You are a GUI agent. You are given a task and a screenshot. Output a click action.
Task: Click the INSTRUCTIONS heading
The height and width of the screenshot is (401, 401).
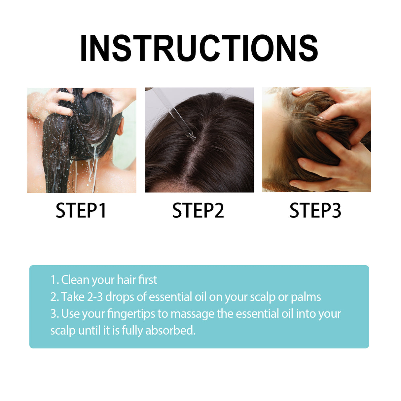(x=199, y=49)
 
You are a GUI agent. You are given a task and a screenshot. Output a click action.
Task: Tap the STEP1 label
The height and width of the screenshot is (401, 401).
(x=81, y=211)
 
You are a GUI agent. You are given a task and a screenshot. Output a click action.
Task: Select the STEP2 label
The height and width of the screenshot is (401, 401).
(x=198, y=211)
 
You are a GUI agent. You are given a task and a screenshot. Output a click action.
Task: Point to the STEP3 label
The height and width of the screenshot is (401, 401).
(x=315, y=211)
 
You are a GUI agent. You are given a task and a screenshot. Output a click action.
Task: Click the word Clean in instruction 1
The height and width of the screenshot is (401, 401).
(x=75, y=280)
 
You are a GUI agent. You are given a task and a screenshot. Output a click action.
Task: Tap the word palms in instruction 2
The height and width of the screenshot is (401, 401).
(x=306, y=297)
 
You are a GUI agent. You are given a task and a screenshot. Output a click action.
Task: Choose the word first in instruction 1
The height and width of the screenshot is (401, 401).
(x=148, y=280)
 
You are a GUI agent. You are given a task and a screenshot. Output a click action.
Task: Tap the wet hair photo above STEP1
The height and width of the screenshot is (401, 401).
(x=82, y=140)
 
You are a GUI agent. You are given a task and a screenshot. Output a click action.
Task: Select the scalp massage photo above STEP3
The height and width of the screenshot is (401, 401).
(x=316, y=140)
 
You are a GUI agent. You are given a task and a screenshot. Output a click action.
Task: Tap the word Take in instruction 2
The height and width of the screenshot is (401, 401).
(x=73, y=297)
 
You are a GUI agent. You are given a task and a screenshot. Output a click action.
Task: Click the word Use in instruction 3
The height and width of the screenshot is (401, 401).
(x=71, y=313)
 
